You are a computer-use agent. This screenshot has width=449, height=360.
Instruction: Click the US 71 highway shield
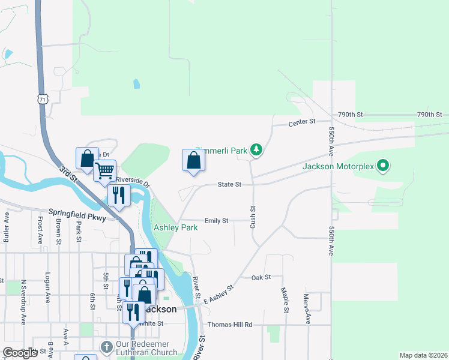pyautogui.click(x=41, y=98)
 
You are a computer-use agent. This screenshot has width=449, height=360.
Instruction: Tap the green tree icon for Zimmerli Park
pyautogui.click(x=256, y=149)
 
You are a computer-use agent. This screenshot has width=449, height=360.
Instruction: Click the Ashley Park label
pyautogui.click(x=176, y=228)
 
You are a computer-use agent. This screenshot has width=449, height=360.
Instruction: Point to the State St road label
pyautogui.click(x=229, y=184)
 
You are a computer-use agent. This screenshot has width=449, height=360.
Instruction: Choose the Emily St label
pyautogui.click(x=216, y=221)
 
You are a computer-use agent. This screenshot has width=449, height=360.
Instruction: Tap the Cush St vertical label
pyautogui.click(x=253, y=217)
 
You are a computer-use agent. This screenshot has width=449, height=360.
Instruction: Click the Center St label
pyautogui.click(x=301, y=122)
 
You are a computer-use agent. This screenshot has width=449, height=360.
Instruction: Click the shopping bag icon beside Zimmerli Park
pyautogui.click(x=193, y=160)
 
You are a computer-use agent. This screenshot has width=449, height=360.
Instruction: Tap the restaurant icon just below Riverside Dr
pyautogui.click(x=118, y=195)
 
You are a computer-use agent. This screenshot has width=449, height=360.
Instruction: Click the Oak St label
pyautogui.click(x=261, y=277)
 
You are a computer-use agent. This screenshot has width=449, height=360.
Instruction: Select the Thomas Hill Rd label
pyautogui.click(x=230, y=325)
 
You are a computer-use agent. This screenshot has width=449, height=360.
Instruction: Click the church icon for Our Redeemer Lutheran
pyautogui.click(x=106, y=347)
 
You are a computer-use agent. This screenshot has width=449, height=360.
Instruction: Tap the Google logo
pyautogui.click(x=20, y=353)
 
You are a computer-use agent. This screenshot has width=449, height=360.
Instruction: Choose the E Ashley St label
pyautogui.click(x=218, y=294)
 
